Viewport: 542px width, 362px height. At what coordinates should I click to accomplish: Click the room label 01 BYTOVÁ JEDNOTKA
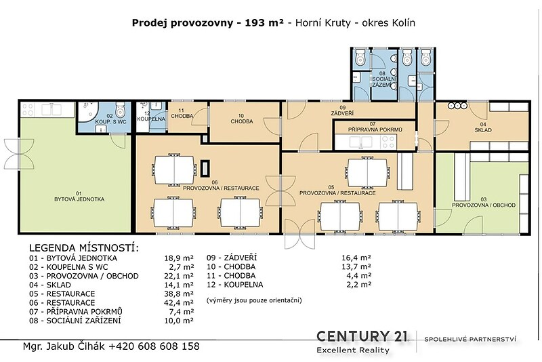point(79,197)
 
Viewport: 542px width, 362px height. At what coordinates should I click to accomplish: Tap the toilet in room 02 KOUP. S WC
point(120,110)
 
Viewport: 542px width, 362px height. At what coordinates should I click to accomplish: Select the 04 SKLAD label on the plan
point(483,127)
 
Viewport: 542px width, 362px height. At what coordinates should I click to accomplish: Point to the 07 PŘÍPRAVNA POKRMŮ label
point(375,127)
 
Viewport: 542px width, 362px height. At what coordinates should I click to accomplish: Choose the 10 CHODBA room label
point(242,119)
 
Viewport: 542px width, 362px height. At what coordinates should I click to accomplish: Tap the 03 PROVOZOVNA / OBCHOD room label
point(484,202)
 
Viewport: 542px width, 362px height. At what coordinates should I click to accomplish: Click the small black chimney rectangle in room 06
point(206,168)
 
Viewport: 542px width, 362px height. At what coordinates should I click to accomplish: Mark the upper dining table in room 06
point(174,169)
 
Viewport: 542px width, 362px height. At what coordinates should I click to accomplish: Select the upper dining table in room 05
point(367,172)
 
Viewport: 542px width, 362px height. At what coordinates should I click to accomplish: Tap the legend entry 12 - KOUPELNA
point(234,285)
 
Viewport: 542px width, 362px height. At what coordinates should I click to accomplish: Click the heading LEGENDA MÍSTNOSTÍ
point(84,248)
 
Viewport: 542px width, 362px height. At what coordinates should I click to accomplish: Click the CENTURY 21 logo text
point(362,336)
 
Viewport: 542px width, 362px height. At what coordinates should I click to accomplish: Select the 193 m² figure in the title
point(264,23)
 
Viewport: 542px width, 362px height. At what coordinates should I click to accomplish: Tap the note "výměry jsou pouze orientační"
point(254,300)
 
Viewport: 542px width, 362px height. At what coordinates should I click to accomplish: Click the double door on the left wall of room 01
point(19,153)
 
